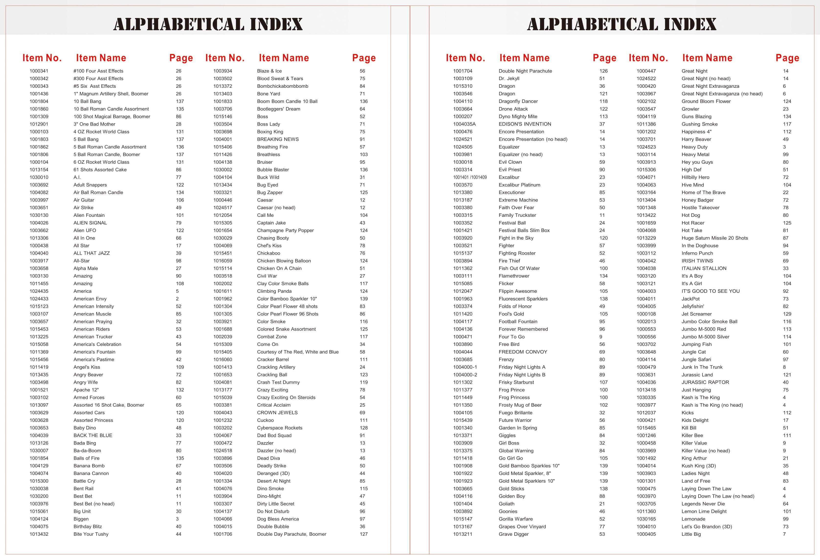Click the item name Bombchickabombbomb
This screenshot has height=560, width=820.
282,86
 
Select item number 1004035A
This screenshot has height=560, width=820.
464,124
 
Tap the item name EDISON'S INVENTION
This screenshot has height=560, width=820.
525,124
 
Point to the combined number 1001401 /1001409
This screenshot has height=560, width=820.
470,177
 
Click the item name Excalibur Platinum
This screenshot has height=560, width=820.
519,185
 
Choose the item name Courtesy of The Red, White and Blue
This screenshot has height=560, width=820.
298,352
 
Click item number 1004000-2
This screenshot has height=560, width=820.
465,375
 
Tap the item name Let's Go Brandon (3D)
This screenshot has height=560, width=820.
707,527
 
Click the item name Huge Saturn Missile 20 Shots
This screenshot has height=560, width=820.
714,238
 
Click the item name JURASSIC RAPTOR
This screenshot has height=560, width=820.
705,382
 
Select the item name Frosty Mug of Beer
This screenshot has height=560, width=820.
520,405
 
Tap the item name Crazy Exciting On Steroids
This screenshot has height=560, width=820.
286,397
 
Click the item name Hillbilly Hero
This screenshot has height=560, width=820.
695,177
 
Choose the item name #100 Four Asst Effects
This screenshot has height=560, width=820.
99,71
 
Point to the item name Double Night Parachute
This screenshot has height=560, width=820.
525,71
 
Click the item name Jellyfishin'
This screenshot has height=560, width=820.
693,306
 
